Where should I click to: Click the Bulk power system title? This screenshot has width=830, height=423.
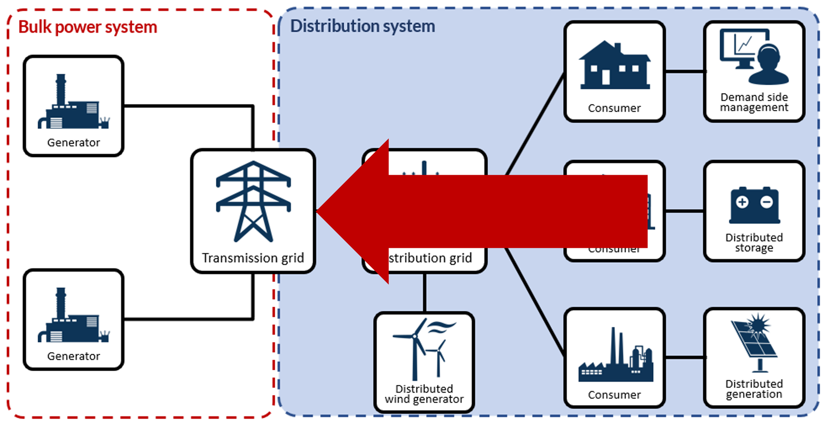tap(87, 27)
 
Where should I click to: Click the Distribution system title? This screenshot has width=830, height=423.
tap(362, 26)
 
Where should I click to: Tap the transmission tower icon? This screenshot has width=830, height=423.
tap(253, 202)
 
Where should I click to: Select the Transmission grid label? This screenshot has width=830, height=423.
tap(253, 258)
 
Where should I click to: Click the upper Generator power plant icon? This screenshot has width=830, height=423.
tap(73, 104)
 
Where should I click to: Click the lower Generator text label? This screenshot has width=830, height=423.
tap(74, 356)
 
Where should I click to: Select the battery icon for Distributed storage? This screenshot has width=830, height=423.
tap(754, 205)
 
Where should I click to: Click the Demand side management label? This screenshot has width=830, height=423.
tap(754, 102)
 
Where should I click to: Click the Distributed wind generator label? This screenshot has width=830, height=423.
tap(424, 394)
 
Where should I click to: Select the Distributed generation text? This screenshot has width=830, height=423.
tap(754, 389)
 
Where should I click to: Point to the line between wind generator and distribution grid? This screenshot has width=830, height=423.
tap(424, 293)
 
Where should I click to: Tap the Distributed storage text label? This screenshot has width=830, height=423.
tap(754, 243)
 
